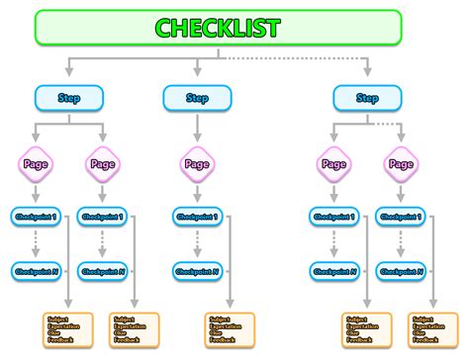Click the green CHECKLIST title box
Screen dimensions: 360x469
pos(218,28)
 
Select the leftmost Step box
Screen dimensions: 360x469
pos(68,98)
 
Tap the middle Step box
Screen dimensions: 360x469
pos(197,98)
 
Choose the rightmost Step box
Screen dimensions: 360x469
pos(367,98)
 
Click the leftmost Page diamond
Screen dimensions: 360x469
pos(33,164)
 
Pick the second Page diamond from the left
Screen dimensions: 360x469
pos(102,164)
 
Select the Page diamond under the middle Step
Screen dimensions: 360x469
pos(197,164)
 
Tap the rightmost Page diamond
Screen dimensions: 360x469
pos(401,164)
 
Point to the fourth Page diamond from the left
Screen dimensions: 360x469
pos(332,164)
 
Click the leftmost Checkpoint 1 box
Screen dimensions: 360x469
pos(34,216)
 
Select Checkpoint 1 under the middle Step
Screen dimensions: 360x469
pos(198,216)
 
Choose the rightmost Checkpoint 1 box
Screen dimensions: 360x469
pos(402,216)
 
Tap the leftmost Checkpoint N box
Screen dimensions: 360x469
pos(34,270)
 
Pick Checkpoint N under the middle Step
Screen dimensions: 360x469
pos(198,270)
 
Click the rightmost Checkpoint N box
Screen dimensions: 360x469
pos(402,270)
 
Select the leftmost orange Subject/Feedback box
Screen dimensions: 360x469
pos(68,327)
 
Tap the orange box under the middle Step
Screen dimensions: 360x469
pos(231,327)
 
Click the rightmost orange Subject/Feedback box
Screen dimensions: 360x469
pos(433,327)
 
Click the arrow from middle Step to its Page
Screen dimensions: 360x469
pos(197,129)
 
